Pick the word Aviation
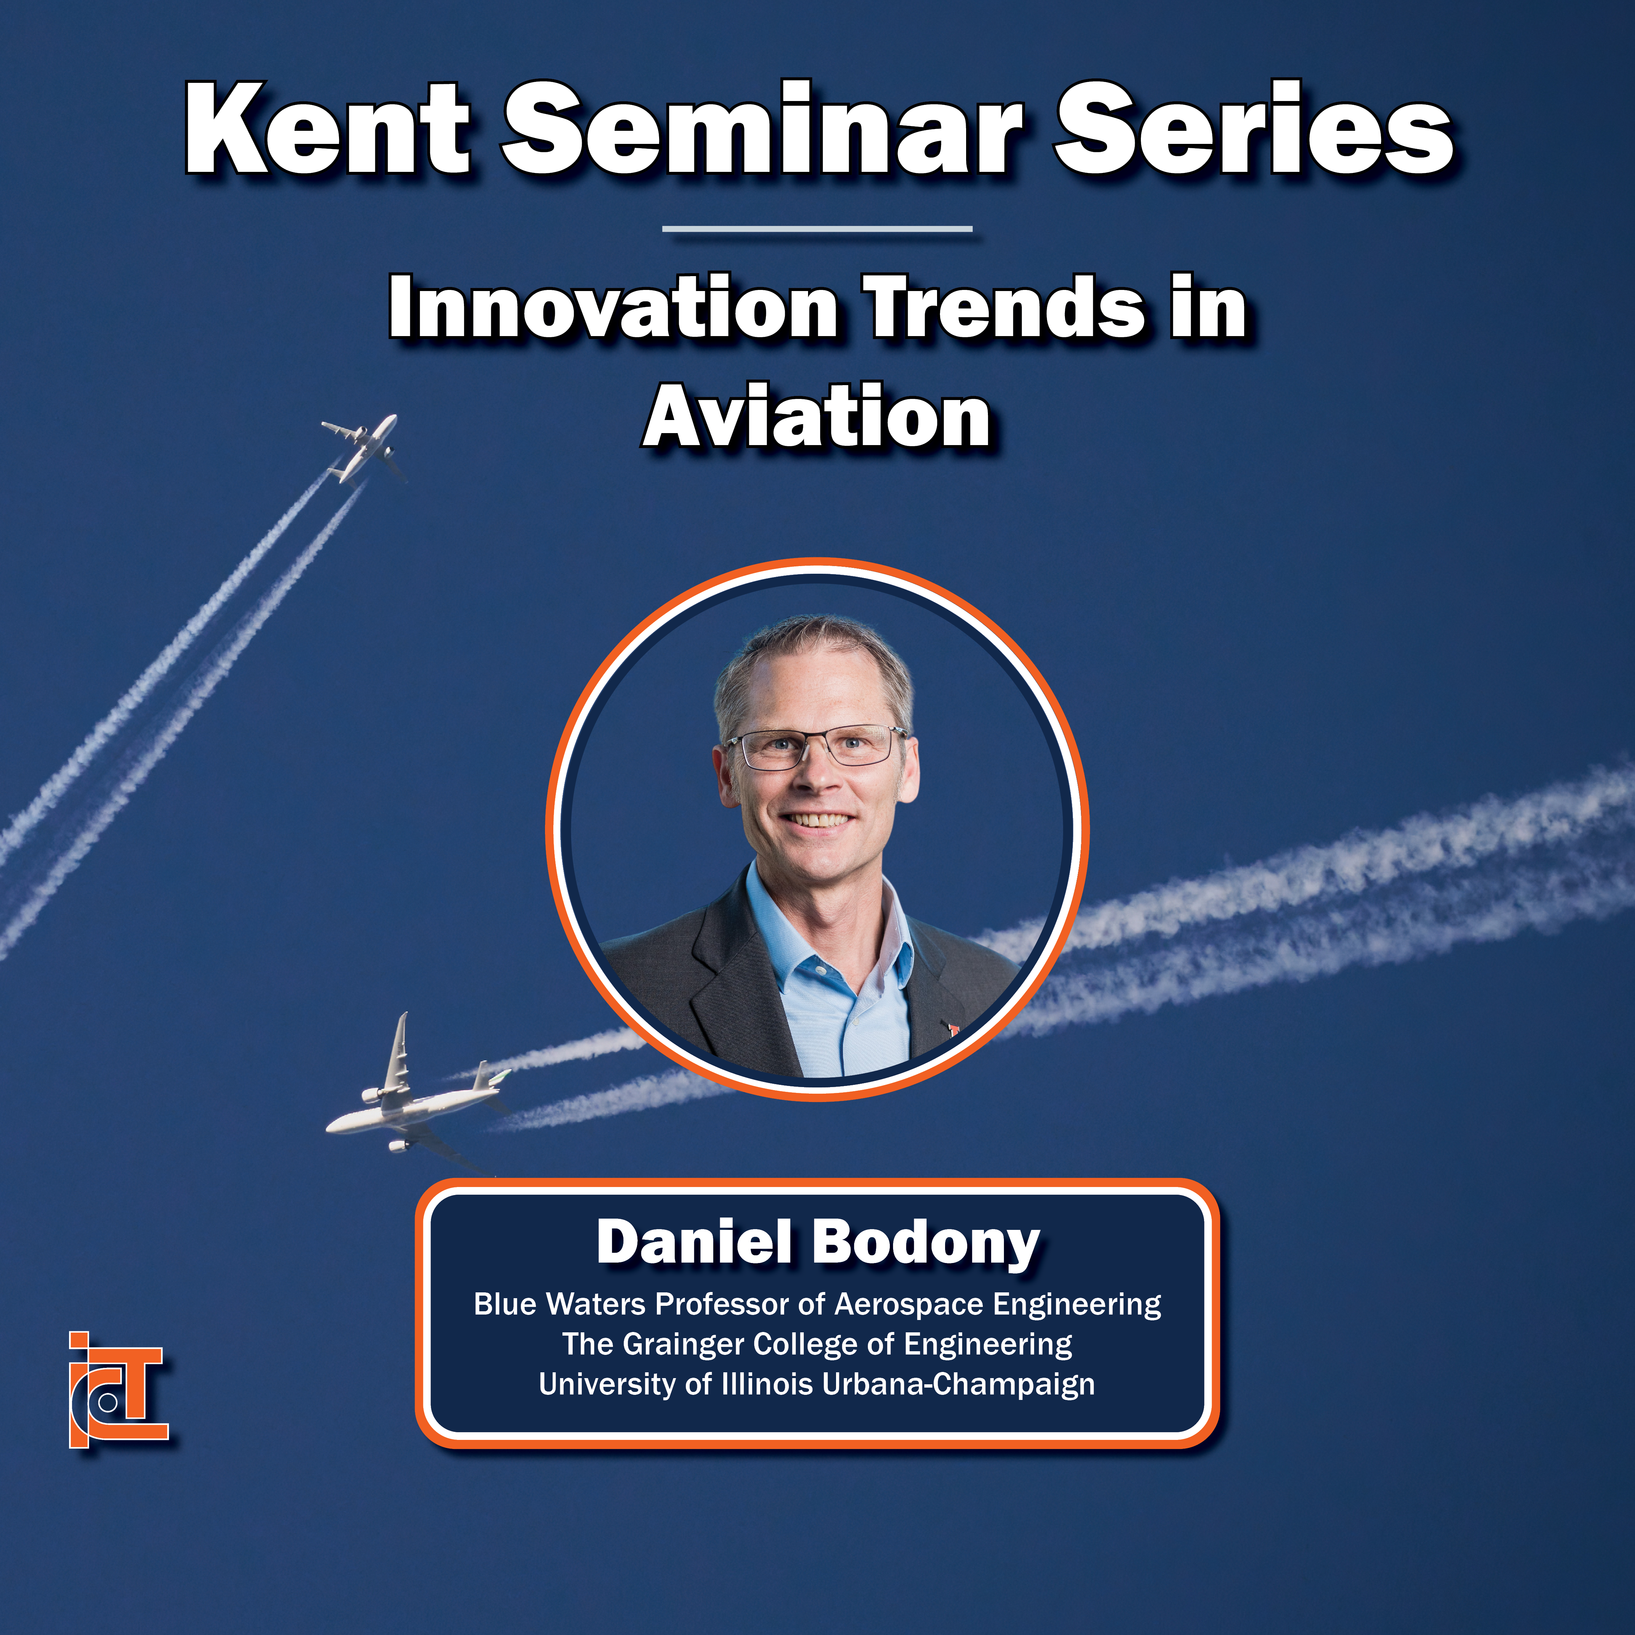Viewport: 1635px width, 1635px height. coord(817,416)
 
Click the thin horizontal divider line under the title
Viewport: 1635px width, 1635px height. coord(817,229)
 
